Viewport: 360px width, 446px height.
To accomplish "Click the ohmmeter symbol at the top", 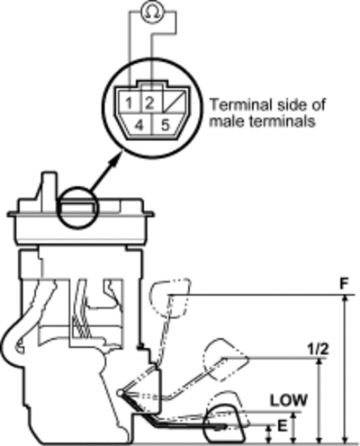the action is pyautogui.click(x=152, y=11).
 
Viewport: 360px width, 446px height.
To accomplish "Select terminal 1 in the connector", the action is pyautogui.click(x=129, y=102).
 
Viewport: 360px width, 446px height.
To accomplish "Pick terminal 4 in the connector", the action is pyautogui.click(x=138, y=125).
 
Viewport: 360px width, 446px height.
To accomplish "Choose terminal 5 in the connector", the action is pyautogui.click(x=166, y=125).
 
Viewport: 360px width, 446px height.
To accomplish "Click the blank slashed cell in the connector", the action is pyautogui.click(x=174, y=102).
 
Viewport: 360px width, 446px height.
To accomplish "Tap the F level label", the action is pyautogui.click(x=346, y=284).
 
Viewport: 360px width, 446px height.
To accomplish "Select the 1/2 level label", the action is pyautogui.click(x=318, y=349).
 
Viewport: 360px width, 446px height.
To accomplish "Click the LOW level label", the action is pyautogui.click(x=289, y=400).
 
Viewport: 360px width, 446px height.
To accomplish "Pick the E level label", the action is pyautogui.click(x=282, y=426).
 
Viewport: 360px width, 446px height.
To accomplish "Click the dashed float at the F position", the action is pyautogui.click(x=170, y=297).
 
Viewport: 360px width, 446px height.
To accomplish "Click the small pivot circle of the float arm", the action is pyautogui.click(x=121, y=393).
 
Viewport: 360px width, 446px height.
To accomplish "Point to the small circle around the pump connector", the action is pyautogui.click(x=77, y=207).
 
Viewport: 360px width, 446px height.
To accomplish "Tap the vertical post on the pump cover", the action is pyautogui.click(x=48, y=188).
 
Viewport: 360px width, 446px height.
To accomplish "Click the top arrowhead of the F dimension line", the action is pyautogui.click(x=346, y=299).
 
